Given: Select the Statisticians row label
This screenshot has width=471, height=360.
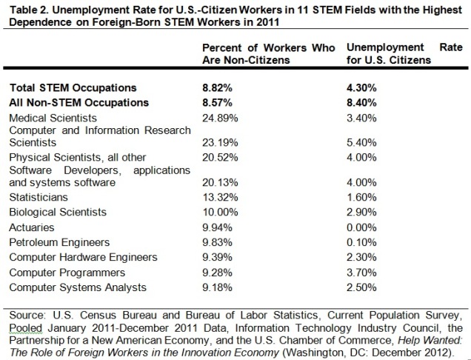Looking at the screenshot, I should coord(38,197).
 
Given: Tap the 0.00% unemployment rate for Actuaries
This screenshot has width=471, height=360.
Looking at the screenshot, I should coord(362,227).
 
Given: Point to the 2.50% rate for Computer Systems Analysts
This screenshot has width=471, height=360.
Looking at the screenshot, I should coord(362,287).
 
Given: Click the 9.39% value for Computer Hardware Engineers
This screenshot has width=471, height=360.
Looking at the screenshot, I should coord(216,257).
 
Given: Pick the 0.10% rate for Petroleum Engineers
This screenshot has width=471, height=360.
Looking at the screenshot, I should coord(362,241).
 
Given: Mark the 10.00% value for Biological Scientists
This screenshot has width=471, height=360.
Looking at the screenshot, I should coord(218,212).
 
